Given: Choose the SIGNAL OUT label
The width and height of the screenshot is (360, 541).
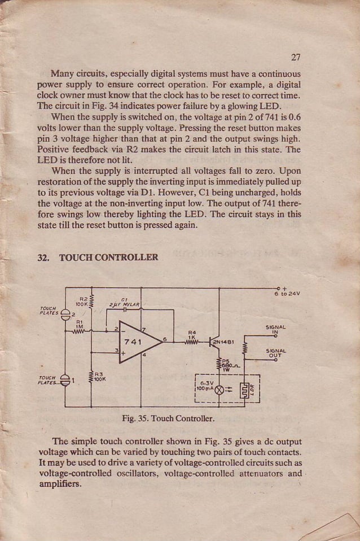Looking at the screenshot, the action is point(275,353).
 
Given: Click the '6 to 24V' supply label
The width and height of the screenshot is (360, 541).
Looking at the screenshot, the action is point(287,293).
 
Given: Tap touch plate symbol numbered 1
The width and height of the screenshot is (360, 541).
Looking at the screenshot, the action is point(65,381).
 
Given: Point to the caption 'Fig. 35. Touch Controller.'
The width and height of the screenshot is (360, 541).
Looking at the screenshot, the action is point(168,419).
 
